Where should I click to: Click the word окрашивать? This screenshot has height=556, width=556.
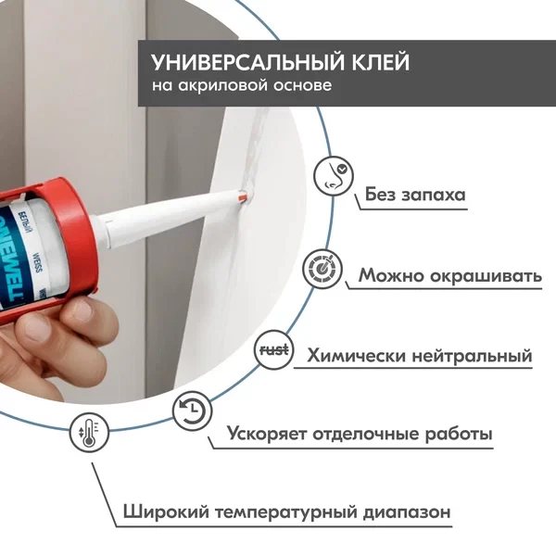(489, 276)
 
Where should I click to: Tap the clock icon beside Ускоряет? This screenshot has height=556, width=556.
(191, 411)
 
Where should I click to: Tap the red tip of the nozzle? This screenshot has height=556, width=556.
(241, 196)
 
